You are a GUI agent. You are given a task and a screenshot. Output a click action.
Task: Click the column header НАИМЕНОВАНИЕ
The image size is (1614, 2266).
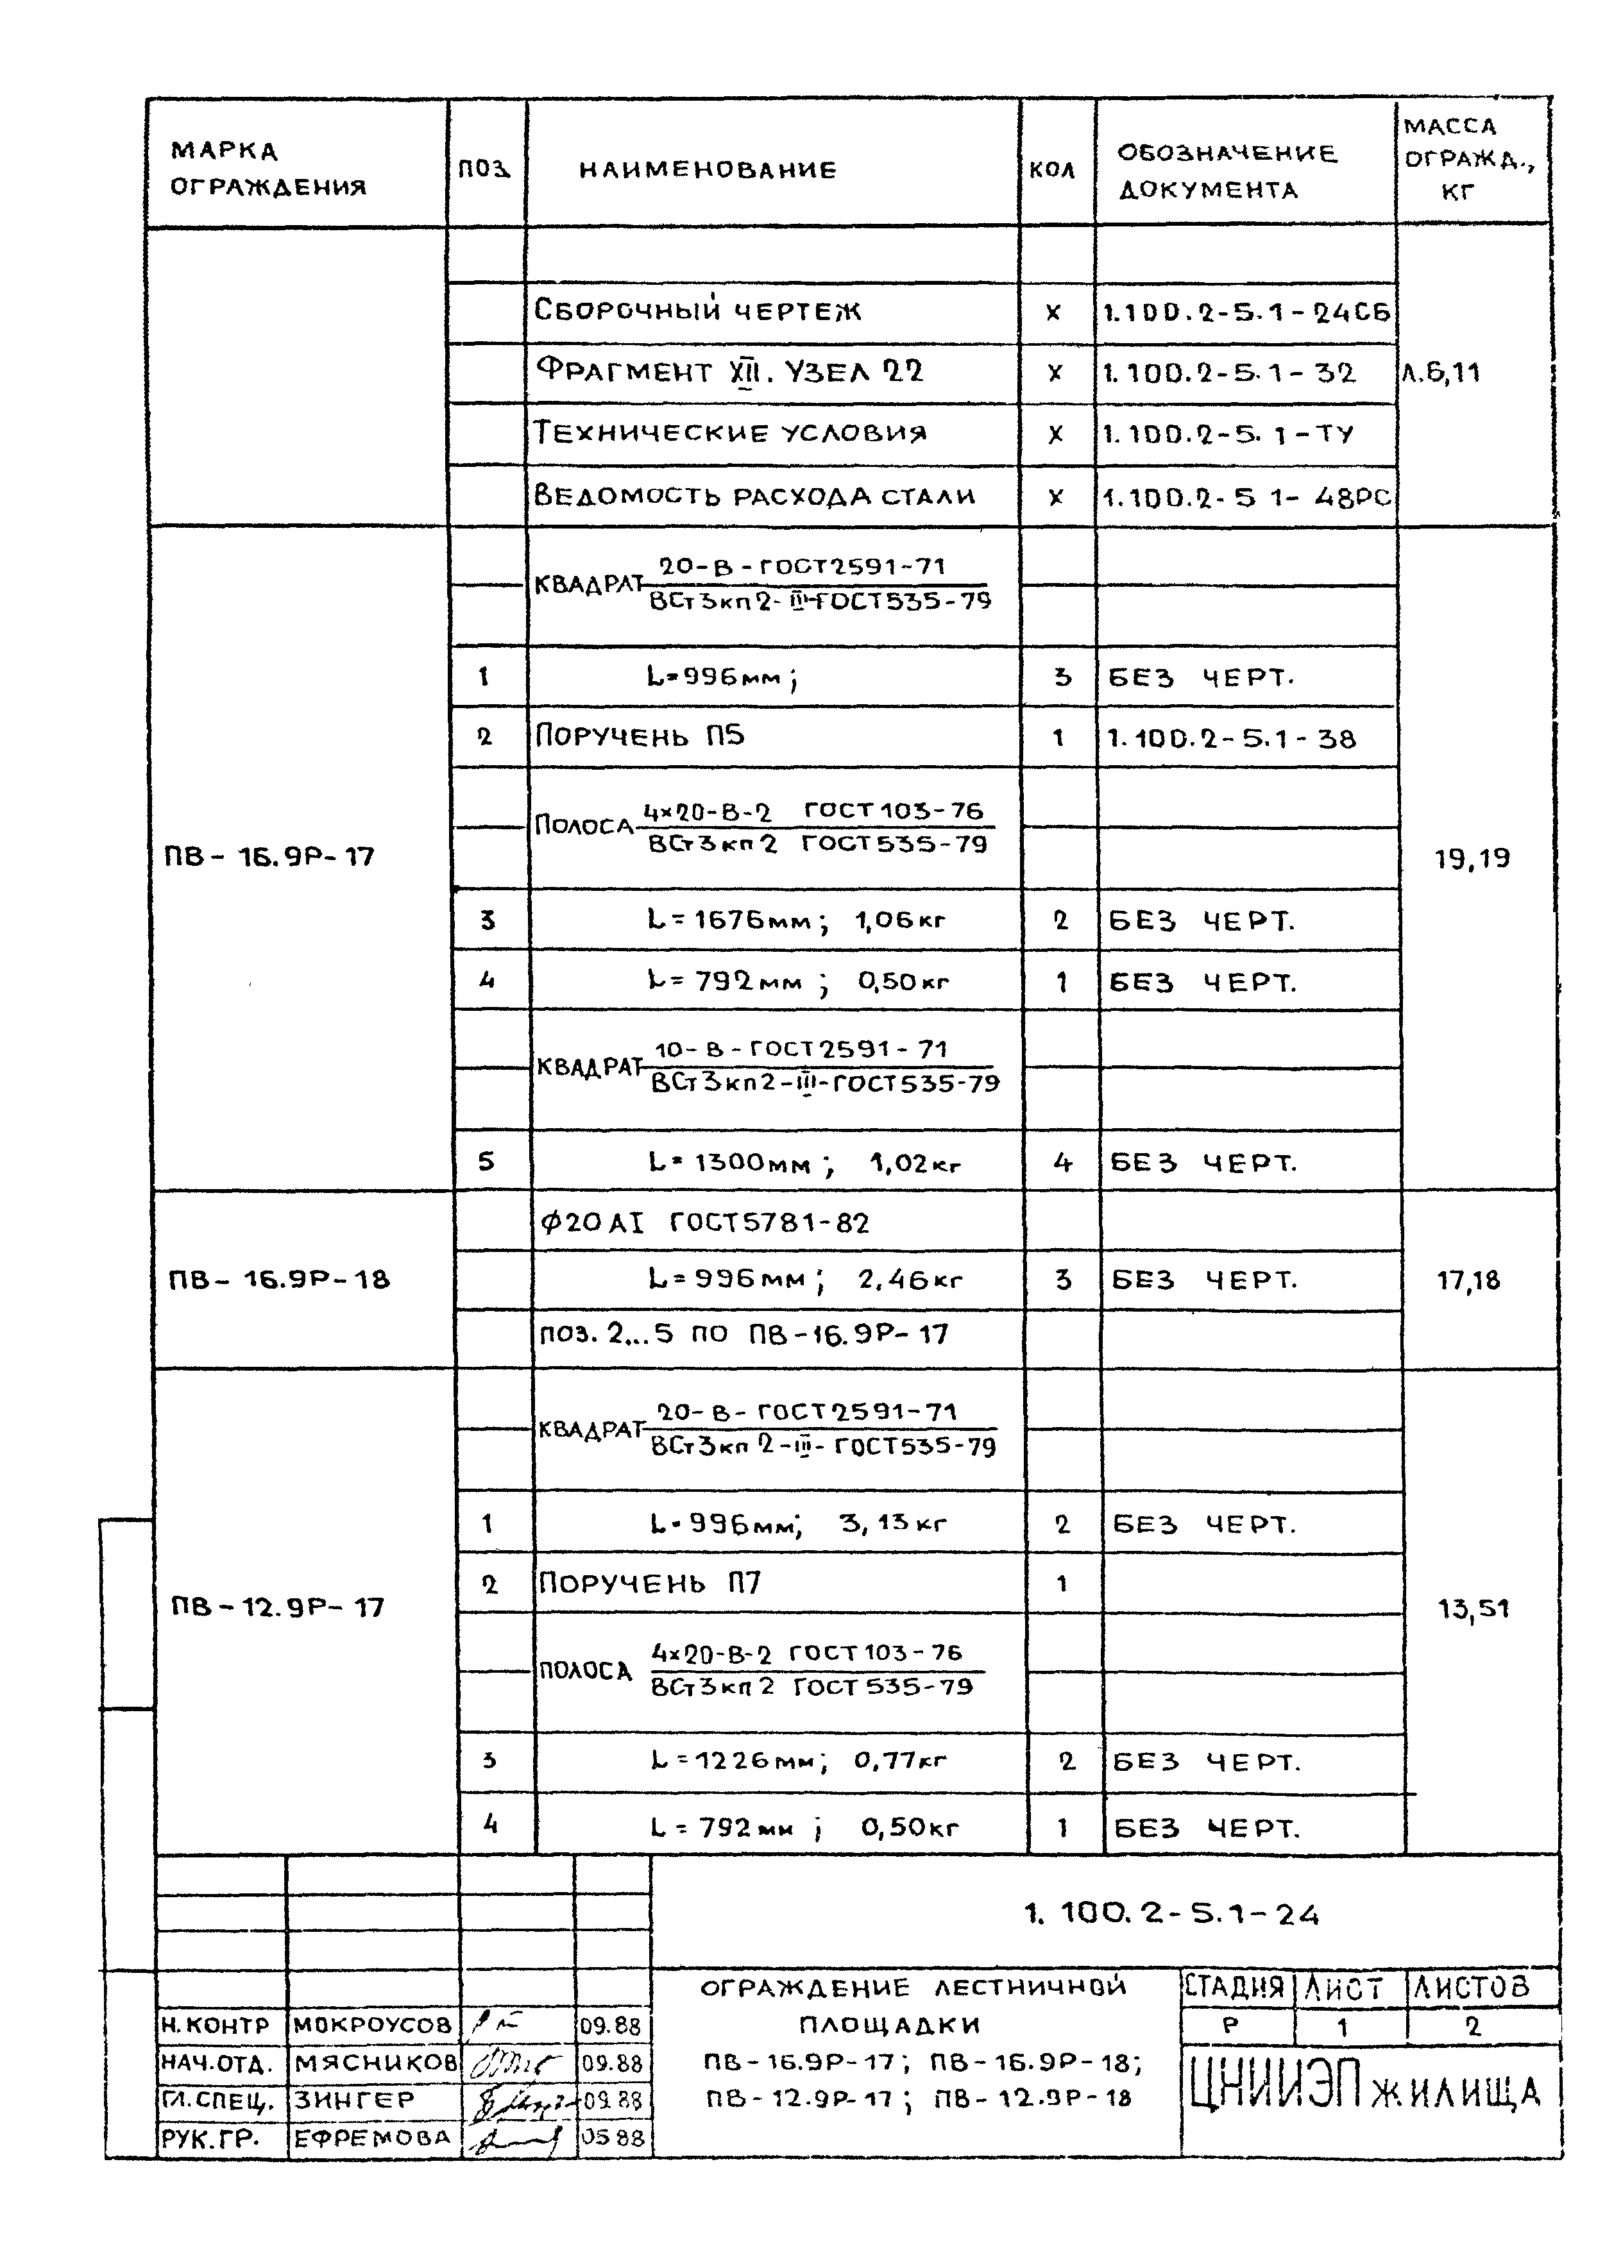[708, 170]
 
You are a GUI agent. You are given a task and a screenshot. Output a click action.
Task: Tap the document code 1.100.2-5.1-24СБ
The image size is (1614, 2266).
[1246, 313]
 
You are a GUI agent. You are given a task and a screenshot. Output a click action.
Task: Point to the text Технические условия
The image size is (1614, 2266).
[731, 433]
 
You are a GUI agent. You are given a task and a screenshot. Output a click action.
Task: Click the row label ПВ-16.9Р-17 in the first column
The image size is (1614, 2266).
[269, 856]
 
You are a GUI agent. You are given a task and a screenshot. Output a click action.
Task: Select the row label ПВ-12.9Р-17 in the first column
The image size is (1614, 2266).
[277, 1607]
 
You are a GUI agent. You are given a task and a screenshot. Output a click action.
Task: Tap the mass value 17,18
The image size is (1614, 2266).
[1468, 1281]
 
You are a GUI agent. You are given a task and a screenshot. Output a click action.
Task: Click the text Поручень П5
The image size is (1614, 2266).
[640, 736]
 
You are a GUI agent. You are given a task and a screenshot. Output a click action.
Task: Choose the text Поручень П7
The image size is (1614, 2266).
[650, 1582]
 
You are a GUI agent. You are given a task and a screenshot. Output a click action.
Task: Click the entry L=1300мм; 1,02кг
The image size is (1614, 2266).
[805, 1162]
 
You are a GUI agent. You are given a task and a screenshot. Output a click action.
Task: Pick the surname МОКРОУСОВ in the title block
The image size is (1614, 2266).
[373, 2025]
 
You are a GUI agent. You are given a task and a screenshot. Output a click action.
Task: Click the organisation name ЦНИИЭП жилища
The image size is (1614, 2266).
[1366, 2092]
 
